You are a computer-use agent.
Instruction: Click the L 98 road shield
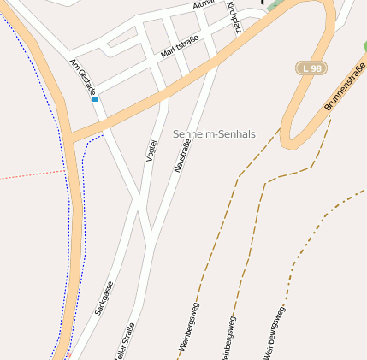pyautogui.click(x=311, y=68)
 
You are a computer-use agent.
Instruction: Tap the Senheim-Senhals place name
pyautogui.click(x=214, y=134)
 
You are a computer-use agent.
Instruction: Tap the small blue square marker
pyautogui.click(x=95, y=100)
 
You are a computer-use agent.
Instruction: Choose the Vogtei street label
pyautogui.click(x=153, y=149)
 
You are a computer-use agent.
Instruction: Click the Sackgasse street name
pyautogui.click(x=104, y=297)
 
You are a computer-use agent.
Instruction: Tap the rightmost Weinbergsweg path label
pyautogui.click(x=275, y=332)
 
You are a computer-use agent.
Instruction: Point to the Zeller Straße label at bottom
pyautogui.click(x=124, y=342)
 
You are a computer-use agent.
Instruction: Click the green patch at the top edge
pyautogui.click(x=272, y=4)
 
